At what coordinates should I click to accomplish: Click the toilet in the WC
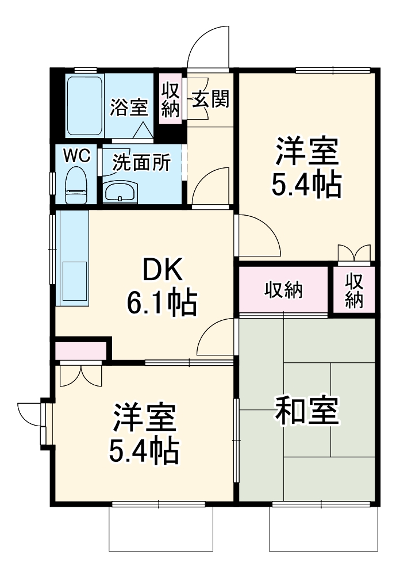pyautogui.click(x=76, y=185)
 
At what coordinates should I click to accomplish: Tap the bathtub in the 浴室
pyautogui.click(x=84, y=105)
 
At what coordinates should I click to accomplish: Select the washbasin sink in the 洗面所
pyautogui.click(x=120, y=192)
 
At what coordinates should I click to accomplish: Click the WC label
pyautogui.click(x=76, y=156)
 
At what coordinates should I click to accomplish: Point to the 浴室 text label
pyautogui.click(x=129, y=107)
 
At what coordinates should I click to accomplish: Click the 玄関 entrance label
pyautogui.click(x=211, y=99)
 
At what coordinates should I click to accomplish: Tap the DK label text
pyautogui.click(x=162, y=270)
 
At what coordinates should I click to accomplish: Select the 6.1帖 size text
pyautogui.click(x=162, y=303)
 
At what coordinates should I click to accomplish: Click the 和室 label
pyautogui.click(x=306, y=410)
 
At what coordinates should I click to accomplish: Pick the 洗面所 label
pyautogui.click(x=141, y=162)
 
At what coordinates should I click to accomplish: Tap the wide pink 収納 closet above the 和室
pyautogui.click(x=283, y=290)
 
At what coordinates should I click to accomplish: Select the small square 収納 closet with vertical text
pyautogui.click(x=354, y=290)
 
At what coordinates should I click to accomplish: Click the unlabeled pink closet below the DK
pyautogui.click(x=80, y=351)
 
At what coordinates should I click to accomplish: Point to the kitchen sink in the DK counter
pyautogui.click(x=75, y=281)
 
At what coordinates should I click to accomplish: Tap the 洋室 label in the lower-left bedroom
pyautogui.click(x=144, y=418)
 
